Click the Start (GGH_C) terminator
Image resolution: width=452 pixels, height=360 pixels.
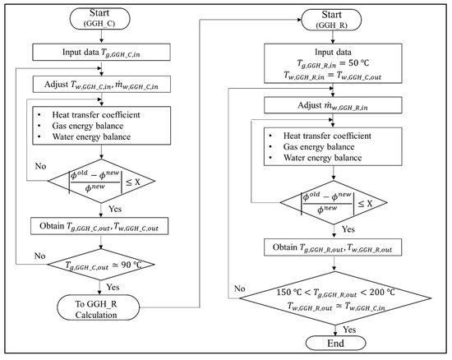100,18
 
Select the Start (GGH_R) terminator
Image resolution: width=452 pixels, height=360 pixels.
331,20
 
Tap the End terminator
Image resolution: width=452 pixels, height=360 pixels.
335,344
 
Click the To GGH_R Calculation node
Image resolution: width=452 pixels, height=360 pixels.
99,307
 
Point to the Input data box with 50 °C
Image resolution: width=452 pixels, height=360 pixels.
333,63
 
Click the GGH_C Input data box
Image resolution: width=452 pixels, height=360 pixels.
101,52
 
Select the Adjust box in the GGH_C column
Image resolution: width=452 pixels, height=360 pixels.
101,84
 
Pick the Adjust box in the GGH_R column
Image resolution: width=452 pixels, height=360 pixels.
333,105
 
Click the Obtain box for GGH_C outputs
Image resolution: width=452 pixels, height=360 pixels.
99,226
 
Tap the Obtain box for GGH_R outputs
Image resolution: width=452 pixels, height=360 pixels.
333,247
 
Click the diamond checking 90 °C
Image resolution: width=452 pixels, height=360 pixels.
101,265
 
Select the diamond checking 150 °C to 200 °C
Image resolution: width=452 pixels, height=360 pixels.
335,298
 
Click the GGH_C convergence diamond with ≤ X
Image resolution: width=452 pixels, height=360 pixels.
101,181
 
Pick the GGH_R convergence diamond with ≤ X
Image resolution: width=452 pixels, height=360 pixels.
334,202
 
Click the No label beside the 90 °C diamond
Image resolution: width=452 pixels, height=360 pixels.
39,256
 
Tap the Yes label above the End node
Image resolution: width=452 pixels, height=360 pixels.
349,329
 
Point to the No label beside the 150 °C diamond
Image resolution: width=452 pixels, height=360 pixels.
239,288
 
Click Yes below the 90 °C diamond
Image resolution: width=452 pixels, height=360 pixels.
113,287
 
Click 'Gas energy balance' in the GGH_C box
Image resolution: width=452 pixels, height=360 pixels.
88,126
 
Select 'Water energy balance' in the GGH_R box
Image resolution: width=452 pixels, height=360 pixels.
322,158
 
